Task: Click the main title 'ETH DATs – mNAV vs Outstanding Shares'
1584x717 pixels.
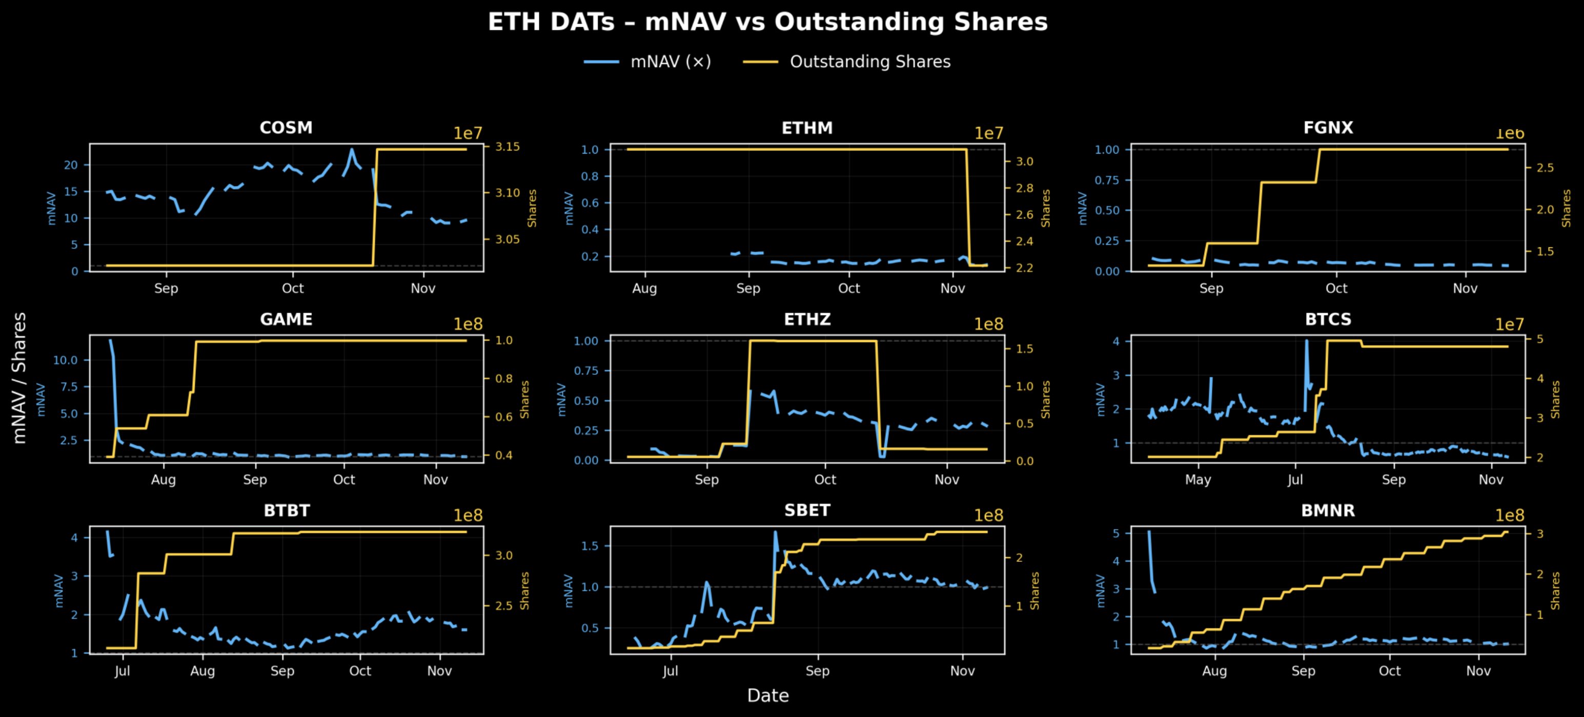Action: click(x=767, y=22)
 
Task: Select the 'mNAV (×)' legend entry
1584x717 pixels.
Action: click(x=670, y=61)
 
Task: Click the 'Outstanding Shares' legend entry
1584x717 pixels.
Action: click(x=869, y=61)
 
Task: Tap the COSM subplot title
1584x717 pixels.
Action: click(x=286, y=128)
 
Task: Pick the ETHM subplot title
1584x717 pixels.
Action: click(x=807, y=128)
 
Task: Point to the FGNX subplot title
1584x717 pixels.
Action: click(x=1328, y=128)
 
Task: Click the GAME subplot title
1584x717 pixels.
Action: click(x=286, y=320)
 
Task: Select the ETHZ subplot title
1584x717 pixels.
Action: click(x=807, y=320)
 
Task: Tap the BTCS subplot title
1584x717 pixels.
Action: click(x=1328, y=320)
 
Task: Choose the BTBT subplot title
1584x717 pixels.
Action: click(x=286, y=511)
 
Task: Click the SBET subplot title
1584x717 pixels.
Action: click(x=807, y=511)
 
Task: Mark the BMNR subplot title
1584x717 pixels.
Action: click(x=1328, y=511)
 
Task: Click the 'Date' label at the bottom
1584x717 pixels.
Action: click(x=767, y=695)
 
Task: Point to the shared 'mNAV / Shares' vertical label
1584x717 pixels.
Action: click(x=19, y=378)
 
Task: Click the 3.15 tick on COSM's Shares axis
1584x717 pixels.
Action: click(x=507, y=147)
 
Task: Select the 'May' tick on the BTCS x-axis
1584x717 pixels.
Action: click(x=1198, y=480)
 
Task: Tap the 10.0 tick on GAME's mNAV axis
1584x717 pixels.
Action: click(x=65, y=360)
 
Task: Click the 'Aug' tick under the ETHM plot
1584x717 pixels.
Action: click(x=644, y=288)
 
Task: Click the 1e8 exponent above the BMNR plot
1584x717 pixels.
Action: click(x=1510, y=516)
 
